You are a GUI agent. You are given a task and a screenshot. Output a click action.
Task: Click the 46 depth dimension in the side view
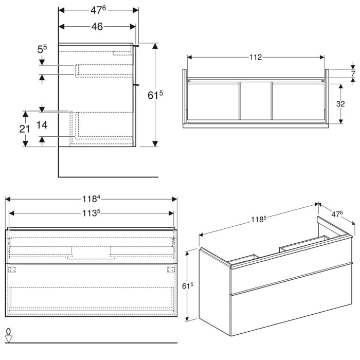click(x=97, y=27)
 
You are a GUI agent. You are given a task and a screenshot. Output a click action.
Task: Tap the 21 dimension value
click(x=24, y=129)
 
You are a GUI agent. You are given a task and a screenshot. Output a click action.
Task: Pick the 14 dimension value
click(x=43, y=124)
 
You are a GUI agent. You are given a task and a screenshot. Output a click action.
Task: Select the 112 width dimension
click(x=256, y=57)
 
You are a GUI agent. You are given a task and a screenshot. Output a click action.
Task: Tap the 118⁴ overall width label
click(x=91, y=198)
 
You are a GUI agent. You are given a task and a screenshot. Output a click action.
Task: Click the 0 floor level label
click(x=8, y=331)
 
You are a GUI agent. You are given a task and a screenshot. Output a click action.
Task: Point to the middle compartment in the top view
click(x=256, y=102)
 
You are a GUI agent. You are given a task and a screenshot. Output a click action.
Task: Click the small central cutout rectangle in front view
click(x=91, y=251)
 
